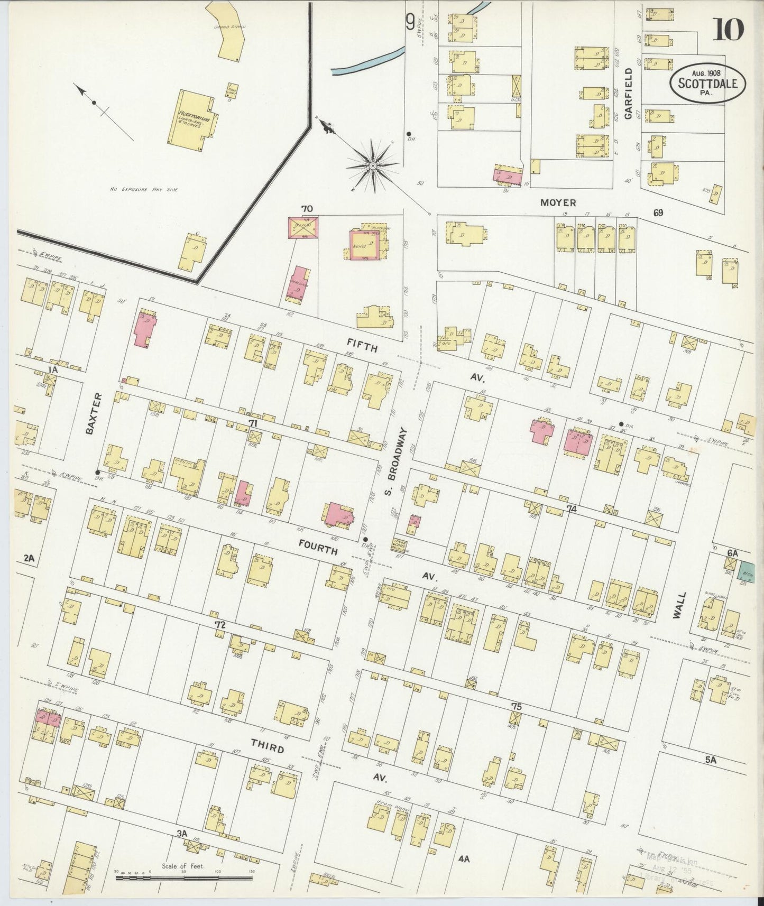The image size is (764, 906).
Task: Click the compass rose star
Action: [x=372, y=165]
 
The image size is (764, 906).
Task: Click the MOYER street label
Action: [x=558, y=202]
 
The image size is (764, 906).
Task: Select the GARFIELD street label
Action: [x=628, y=94]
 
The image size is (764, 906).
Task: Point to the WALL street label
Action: [x=680, y=605]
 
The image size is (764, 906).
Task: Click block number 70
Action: [x=307, y=209]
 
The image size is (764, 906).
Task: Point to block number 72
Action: [x=220, y=625]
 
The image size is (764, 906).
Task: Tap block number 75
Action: [x=517, y=707]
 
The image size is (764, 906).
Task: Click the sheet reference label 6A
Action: [x=732, y=552]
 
